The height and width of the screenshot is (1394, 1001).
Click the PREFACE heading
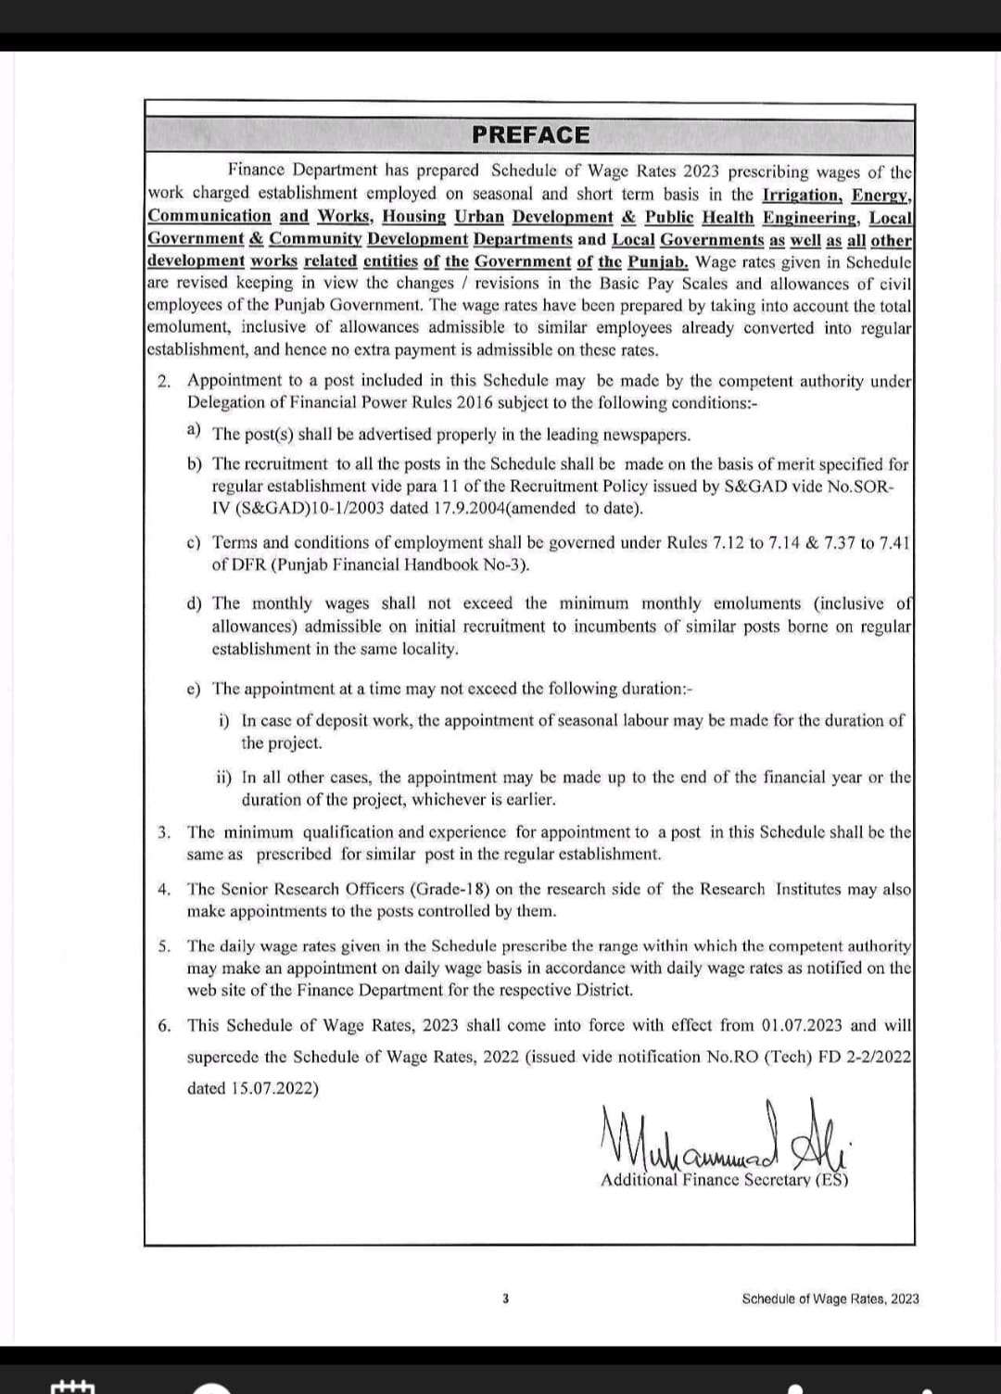point(530,135)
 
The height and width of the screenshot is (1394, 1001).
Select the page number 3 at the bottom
point(505,1299)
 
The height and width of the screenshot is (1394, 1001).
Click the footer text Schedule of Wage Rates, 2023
point(830,1299)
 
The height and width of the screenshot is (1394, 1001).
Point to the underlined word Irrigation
point(801,195)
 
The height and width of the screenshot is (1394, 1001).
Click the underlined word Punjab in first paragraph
point(657,261)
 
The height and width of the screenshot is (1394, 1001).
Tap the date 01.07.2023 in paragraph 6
point(802,1025)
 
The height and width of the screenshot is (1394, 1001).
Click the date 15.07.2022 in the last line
point(275,1088)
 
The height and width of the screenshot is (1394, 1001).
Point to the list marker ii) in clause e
point(224,777)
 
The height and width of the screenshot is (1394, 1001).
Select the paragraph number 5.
point(164,946)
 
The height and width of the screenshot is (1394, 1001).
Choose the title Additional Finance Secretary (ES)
point(724,1180)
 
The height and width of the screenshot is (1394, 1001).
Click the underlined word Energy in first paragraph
point(881,195)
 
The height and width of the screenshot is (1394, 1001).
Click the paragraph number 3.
point(164,832)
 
